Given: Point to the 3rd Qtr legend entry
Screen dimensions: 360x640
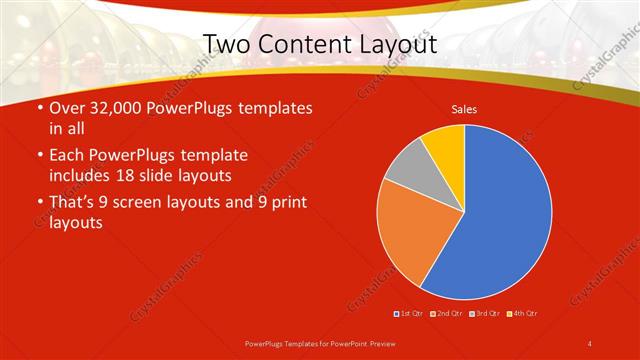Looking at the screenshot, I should (484, 313).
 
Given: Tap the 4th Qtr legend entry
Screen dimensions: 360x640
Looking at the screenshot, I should (522, 313).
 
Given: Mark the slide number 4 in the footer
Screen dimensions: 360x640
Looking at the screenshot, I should (590, 343).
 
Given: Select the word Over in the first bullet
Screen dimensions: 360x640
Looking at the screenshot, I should (65, 108).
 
